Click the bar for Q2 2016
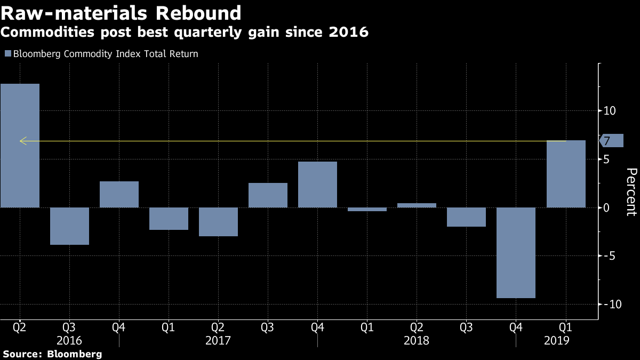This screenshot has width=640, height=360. [x=20, y=146]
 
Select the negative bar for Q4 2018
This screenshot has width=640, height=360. [x=516, y=252]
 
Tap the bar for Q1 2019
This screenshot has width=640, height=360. [x=566, y=174]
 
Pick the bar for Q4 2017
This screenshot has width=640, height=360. [x=317, y=185]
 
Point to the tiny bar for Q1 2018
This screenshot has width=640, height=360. [x=367, y=209]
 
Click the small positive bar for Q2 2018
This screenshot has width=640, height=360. [x=417, y=205]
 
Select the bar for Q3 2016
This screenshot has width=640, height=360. [x=69, y=226]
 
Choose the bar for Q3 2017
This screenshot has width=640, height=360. [x=268, y=195]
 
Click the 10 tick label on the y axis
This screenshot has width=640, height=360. [x=610, y=111]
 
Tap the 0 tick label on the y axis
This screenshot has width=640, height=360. [x=606, y=207]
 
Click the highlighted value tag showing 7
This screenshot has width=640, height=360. [x=611, y=141]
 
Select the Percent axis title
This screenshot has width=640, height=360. [x=631, y=191]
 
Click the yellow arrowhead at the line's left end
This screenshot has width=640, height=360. [x=22, y=141]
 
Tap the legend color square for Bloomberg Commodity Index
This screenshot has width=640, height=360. [x=7, y=54]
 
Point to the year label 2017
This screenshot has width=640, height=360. [x=218, y=340]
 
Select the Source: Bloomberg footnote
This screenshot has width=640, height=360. [x=52, y=354]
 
